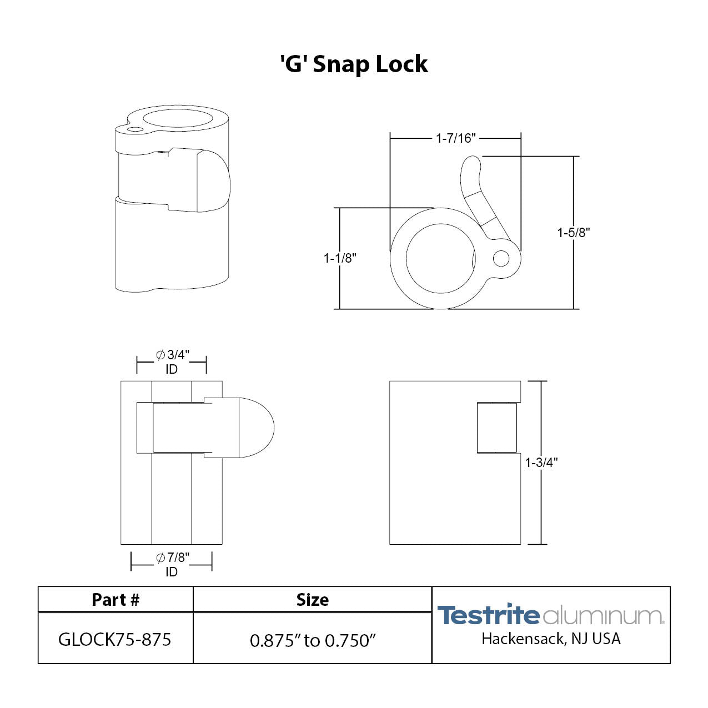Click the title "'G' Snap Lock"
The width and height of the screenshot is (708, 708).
coord(354,64)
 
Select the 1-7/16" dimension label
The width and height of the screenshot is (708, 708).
coord(455,138)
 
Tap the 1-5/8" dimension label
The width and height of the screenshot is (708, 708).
coord(573,233)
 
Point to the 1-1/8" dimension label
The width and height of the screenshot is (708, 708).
coord(340,258)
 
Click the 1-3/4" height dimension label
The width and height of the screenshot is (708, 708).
coord(541,463)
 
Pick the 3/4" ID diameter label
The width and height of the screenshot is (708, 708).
coord(172,361)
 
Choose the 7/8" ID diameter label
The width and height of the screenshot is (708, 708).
coord(172,564)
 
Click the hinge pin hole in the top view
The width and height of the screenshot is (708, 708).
coord(501,258)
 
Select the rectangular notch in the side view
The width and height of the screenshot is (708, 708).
coord(497,428)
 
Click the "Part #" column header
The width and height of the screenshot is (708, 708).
coord(116,600)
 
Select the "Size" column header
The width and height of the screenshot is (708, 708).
coord(312,600)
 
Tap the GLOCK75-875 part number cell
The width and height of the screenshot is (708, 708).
coord(115,640)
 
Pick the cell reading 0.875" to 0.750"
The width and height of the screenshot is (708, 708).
coord(313,640)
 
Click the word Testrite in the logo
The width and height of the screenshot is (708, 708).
coord(488,615)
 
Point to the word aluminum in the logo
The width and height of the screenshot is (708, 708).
coord(602,616)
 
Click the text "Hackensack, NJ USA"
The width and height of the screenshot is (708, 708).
coord(551,639)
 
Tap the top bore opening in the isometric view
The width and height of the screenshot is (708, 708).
coord(178,119)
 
